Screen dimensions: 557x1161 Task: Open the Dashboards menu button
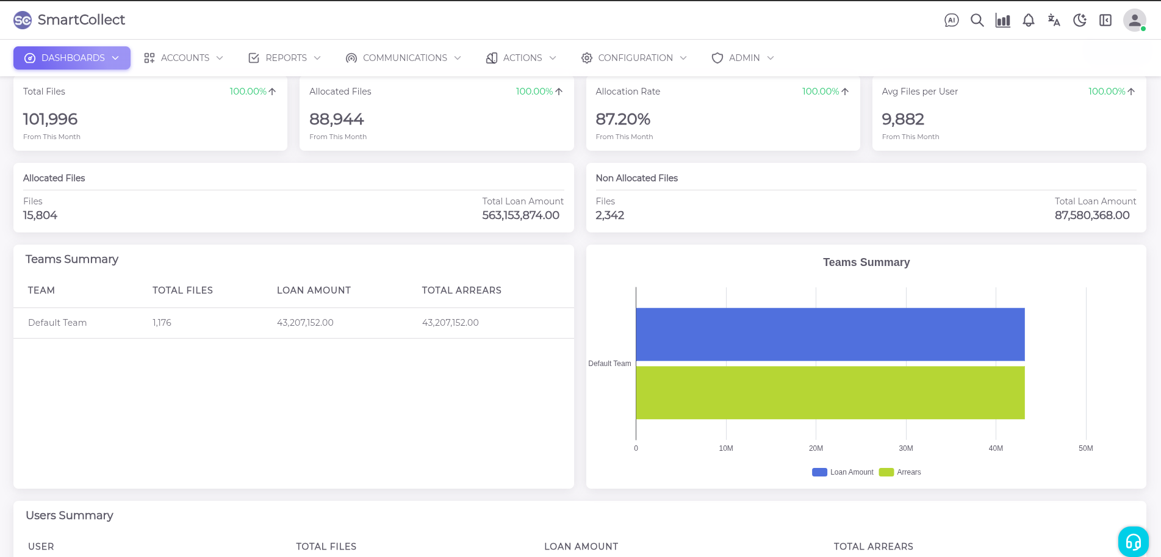(72, 58)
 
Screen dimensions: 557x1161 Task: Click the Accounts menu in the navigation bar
(184, 58)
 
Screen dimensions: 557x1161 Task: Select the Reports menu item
(285, 58)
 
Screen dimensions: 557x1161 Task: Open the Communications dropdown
(403, 58)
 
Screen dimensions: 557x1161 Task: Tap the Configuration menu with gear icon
(634, 58)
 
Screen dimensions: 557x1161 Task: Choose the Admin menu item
(742, 58)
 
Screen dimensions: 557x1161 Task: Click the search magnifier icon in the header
(977, 20)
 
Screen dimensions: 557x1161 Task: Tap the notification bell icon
(1028, 20)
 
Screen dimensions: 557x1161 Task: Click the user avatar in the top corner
(1134, 20)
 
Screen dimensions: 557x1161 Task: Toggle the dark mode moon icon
(1079, 20)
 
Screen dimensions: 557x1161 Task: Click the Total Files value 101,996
(51, 119)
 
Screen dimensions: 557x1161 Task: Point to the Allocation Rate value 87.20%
(623, 119)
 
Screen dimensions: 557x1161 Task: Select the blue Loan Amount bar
(830, 334)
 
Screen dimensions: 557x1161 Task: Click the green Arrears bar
(830, 392)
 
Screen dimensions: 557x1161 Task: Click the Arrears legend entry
(900, 472)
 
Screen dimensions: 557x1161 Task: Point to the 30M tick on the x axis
(906, 448)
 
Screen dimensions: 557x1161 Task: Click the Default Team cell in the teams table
(57, 323)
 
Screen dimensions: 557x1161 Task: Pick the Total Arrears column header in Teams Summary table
(461, 290)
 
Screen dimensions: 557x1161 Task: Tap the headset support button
(1133, 541)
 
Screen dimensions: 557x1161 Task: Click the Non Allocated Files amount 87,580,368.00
(1092, 215)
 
